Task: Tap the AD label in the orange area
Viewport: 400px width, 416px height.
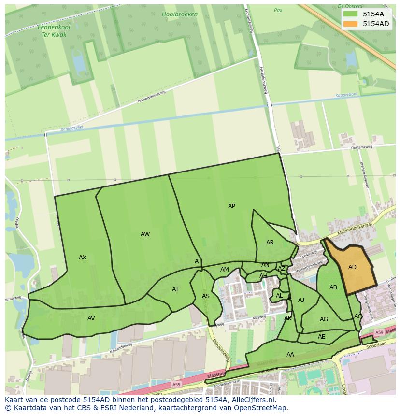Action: [x=352, y=267]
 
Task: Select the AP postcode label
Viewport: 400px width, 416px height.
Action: [x=231, y=206]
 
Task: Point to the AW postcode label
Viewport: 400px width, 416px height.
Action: [x=145, y=234]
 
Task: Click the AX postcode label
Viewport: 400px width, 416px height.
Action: [x=83, y=258]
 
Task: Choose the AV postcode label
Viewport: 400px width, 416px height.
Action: [x=91, y=318]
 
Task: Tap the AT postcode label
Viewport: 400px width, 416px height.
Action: [x=175, y=289]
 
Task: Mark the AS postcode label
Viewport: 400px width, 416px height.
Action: [x=206, y=296]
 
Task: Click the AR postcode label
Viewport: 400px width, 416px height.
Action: [x=270, y=243]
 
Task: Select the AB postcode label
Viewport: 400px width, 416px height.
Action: [x=333, y=287]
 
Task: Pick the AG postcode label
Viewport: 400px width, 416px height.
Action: [x=324, y=319]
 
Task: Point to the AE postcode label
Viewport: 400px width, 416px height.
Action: [x=322, y=337]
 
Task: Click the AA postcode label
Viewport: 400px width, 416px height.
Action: [x=290, y=355]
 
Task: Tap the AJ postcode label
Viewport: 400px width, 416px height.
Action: [x=301, y=300]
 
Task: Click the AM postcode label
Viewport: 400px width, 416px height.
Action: [x=224, y=270]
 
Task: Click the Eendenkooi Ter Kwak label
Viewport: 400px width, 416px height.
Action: [x=54, y=31]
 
